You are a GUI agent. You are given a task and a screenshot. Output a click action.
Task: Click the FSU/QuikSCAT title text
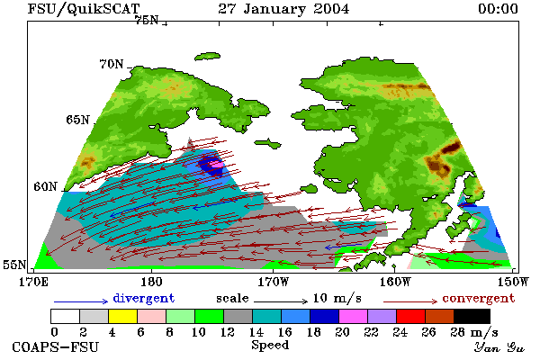click(x=84, y=9)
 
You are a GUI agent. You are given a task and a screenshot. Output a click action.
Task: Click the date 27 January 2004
click(x=283, y=9)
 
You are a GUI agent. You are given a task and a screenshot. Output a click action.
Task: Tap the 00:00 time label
click(x=499, y=9)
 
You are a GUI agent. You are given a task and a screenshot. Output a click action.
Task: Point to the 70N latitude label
click(x=112, y=64)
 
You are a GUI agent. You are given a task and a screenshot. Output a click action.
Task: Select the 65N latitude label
click(x=77, y=120)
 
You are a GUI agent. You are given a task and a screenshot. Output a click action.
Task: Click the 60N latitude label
click(x=45, y=186)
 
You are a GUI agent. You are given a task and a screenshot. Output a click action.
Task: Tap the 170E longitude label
click(x=33, y=282)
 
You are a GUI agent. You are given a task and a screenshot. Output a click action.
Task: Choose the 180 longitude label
click(x=151, y=282)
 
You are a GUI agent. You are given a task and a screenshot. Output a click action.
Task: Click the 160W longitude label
click(x=395, y=282)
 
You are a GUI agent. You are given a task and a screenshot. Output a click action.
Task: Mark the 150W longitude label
click(x=513, y=282)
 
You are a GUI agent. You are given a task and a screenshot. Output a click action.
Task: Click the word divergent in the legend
click(x=144, y=298)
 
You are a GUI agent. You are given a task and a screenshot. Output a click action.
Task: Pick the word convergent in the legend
click(x=479, y=298)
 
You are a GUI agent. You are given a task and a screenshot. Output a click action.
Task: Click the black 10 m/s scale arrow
click(x=281, y=301)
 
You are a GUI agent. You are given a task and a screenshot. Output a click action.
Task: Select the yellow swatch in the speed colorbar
click(x=122, y=316)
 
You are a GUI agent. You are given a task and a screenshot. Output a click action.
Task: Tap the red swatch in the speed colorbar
click(x=411, y=316)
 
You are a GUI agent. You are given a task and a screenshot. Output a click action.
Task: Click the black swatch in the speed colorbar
click(x=472, y=316)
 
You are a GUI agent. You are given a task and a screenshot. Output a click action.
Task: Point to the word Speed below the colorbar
click(x=270, y=346)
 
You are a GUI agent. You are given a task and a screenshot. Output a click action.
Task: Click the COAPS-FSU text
click(x=56, y=346)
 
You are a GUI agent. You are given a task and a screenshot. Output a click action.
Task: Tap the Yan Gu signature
click(x=499, y=347)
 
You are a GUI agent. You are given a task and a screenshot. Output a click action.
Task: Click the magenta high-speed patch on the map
click(x=217, y=165)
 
